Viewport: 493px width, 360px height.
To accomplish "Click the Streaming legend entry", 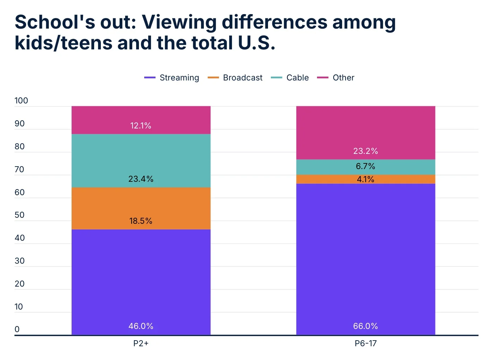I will tap(172, 78).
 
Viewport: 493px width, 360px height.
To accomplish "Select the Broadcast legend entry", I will tap(235, 78).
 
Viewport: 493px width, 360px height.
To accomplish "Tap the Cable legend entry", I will tap(290, 78).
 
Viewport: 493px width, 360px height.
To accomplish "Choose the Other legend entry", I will tap(336, 78).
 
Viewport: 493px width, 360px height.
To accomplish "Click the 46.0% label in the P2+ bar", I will tap(141, 326).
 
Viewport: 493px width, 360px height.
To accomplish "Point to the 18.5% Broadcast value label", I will tap(141, 221).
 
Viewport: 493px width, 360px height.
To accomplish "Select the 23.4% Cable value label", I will tap(141, 179).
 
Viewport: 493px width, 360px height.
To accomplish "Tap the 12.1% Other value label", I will tap(141, 126).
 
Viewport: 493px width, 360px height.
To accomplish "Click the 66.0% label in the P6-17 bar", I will tap(365, 326).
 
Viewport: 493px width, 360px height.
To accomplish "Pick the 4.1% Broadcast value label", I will tap(365, 179).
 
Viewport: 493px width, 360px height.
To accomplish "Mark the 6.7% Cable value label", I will tap(365, 166).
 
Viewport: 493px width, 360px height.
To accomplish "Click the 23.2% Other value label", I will tap(365, 151).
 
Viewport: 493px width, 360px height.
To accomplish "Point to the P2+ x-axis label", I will tap(141, 343).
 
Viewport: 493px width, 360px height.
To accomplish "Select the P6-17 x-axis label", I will tap(365, 343).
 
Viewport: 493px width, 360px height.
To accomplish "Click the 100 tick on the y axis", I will tap(21, 101).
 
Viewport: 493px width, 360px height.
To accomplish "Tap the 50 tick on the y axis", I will tap(19, 215).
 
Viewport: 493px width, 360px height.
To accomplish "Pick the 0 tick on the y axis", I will tap(17, 329).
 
